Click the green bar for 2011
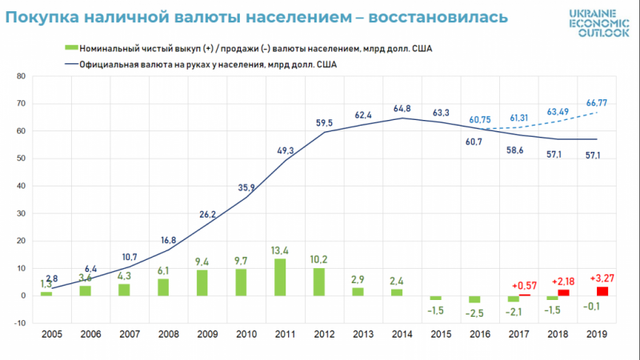point(280,277)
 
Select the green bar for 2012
point(318,282)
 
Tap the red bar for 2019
point(602,290)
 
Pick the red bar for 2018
point(563,292)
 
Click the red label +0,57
point(526,286)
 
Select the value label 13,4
point(280,249)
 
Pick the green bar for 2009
point(202,282)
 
